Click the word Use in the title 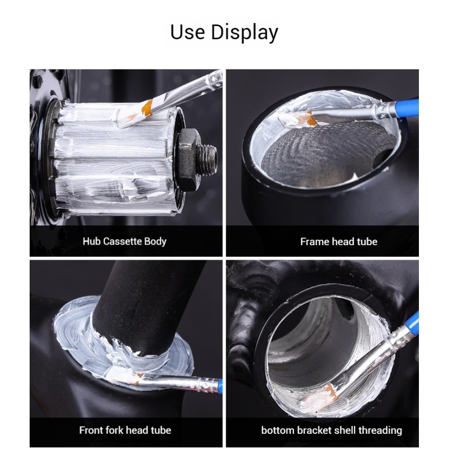pos(188,31)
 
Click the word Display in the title pos(245,32)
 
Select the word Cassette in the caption pos(122,242)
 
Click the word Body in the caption pos(155,242)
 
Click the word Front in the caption pos(91,430)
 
